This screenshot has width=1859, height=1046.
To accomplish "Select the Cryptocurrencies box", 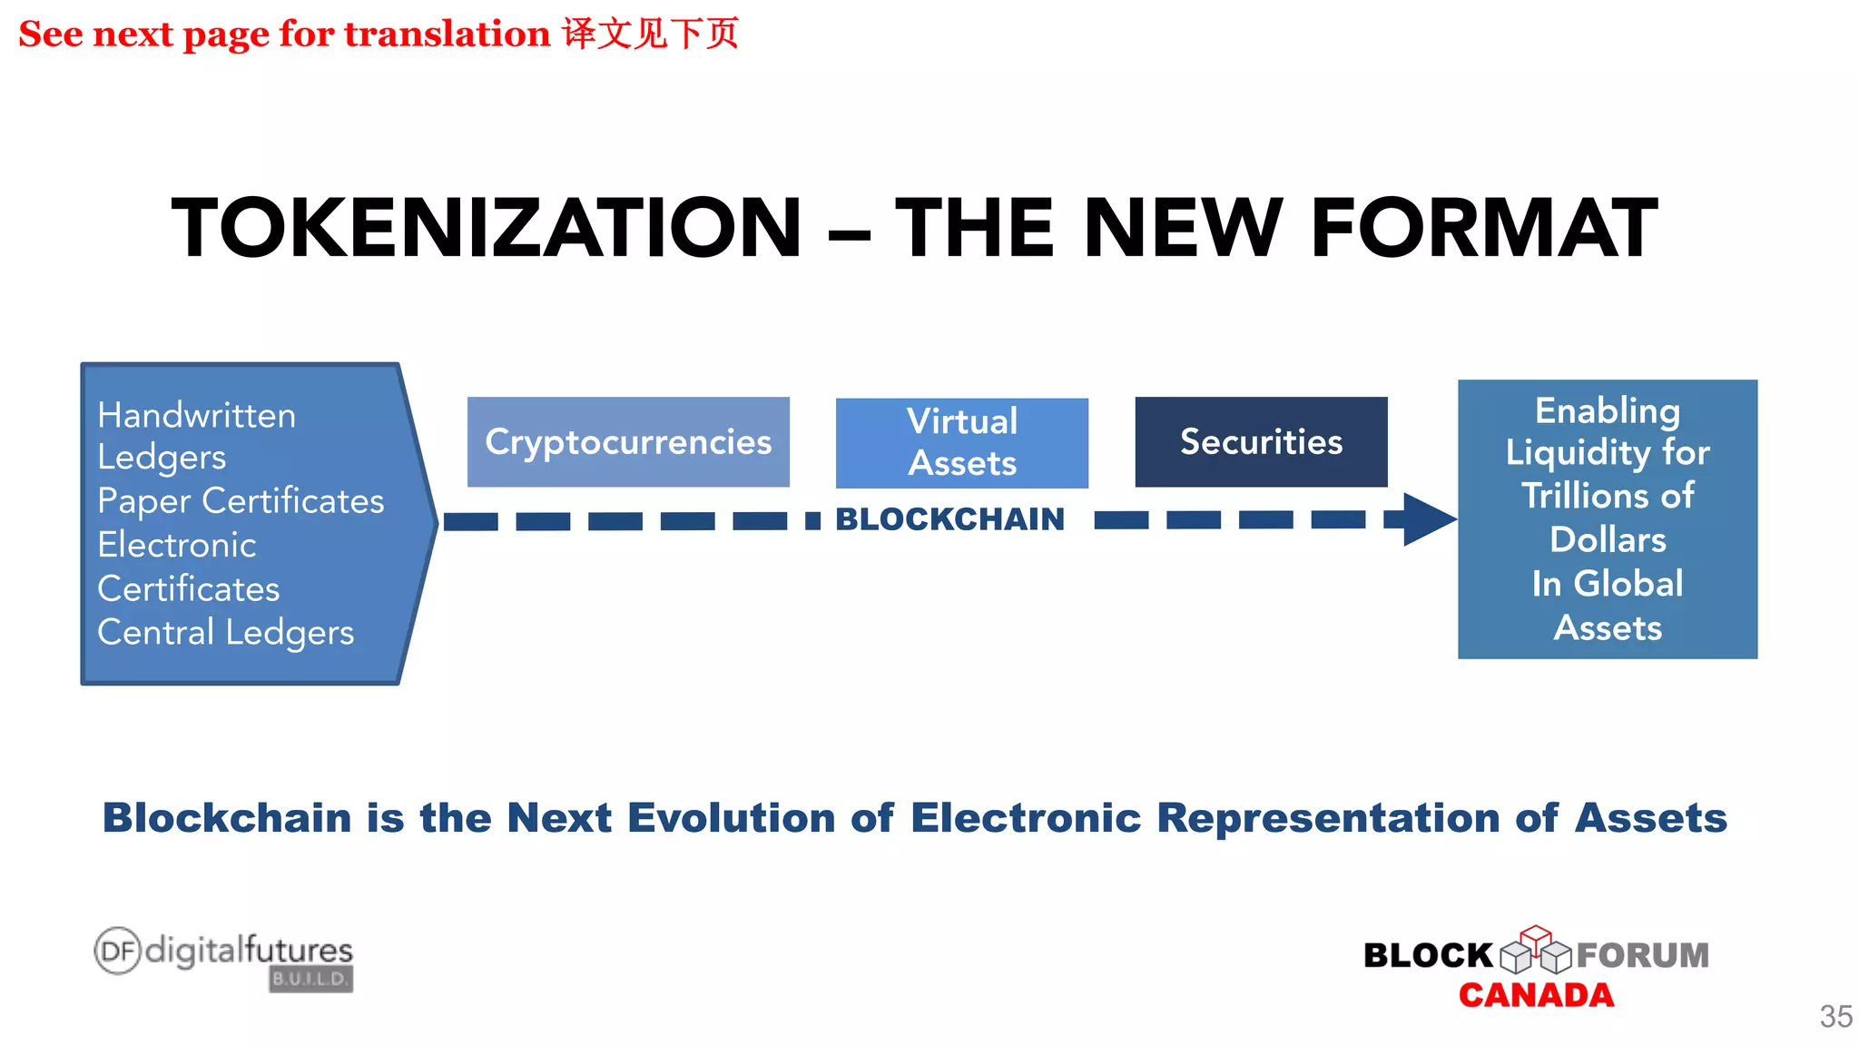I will click(628, 442).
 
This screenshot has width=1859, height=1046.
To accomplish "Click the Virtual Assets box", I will click(962, 442).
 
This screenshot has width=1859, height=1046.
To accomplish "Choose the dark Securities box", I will click(1261, 442).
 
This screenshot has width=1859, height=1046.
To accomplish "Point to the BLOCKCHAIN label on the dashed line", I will click(949, 519).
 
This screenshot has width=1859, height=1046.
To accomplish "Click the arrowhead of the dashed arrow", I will click(1427, 519).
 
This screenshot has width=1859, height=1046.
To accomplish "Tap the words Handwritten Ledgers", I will click(196, 436).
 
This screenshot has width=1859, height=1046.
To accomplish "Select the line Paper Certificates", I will click(241, 501).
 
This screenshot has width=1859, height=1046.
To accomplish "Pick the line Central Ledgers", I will click(225, 633).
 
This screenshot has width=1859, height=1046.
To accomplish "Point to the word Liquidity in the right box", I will click(1578, 452).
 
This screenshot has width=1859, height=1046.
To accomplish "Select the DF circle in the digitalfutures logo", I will click(118, 951).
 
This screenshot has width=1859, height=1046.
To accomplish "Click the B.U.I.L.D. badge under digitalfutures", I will click(310, 979).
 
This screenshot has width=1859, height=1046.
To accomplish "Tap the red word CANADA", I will click(1536, 995).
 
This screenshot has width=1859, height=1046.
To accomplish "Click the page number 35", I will click(1835, 1016).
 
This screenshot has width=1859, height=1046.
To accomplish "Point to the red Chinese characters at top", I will click(650, 34).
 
